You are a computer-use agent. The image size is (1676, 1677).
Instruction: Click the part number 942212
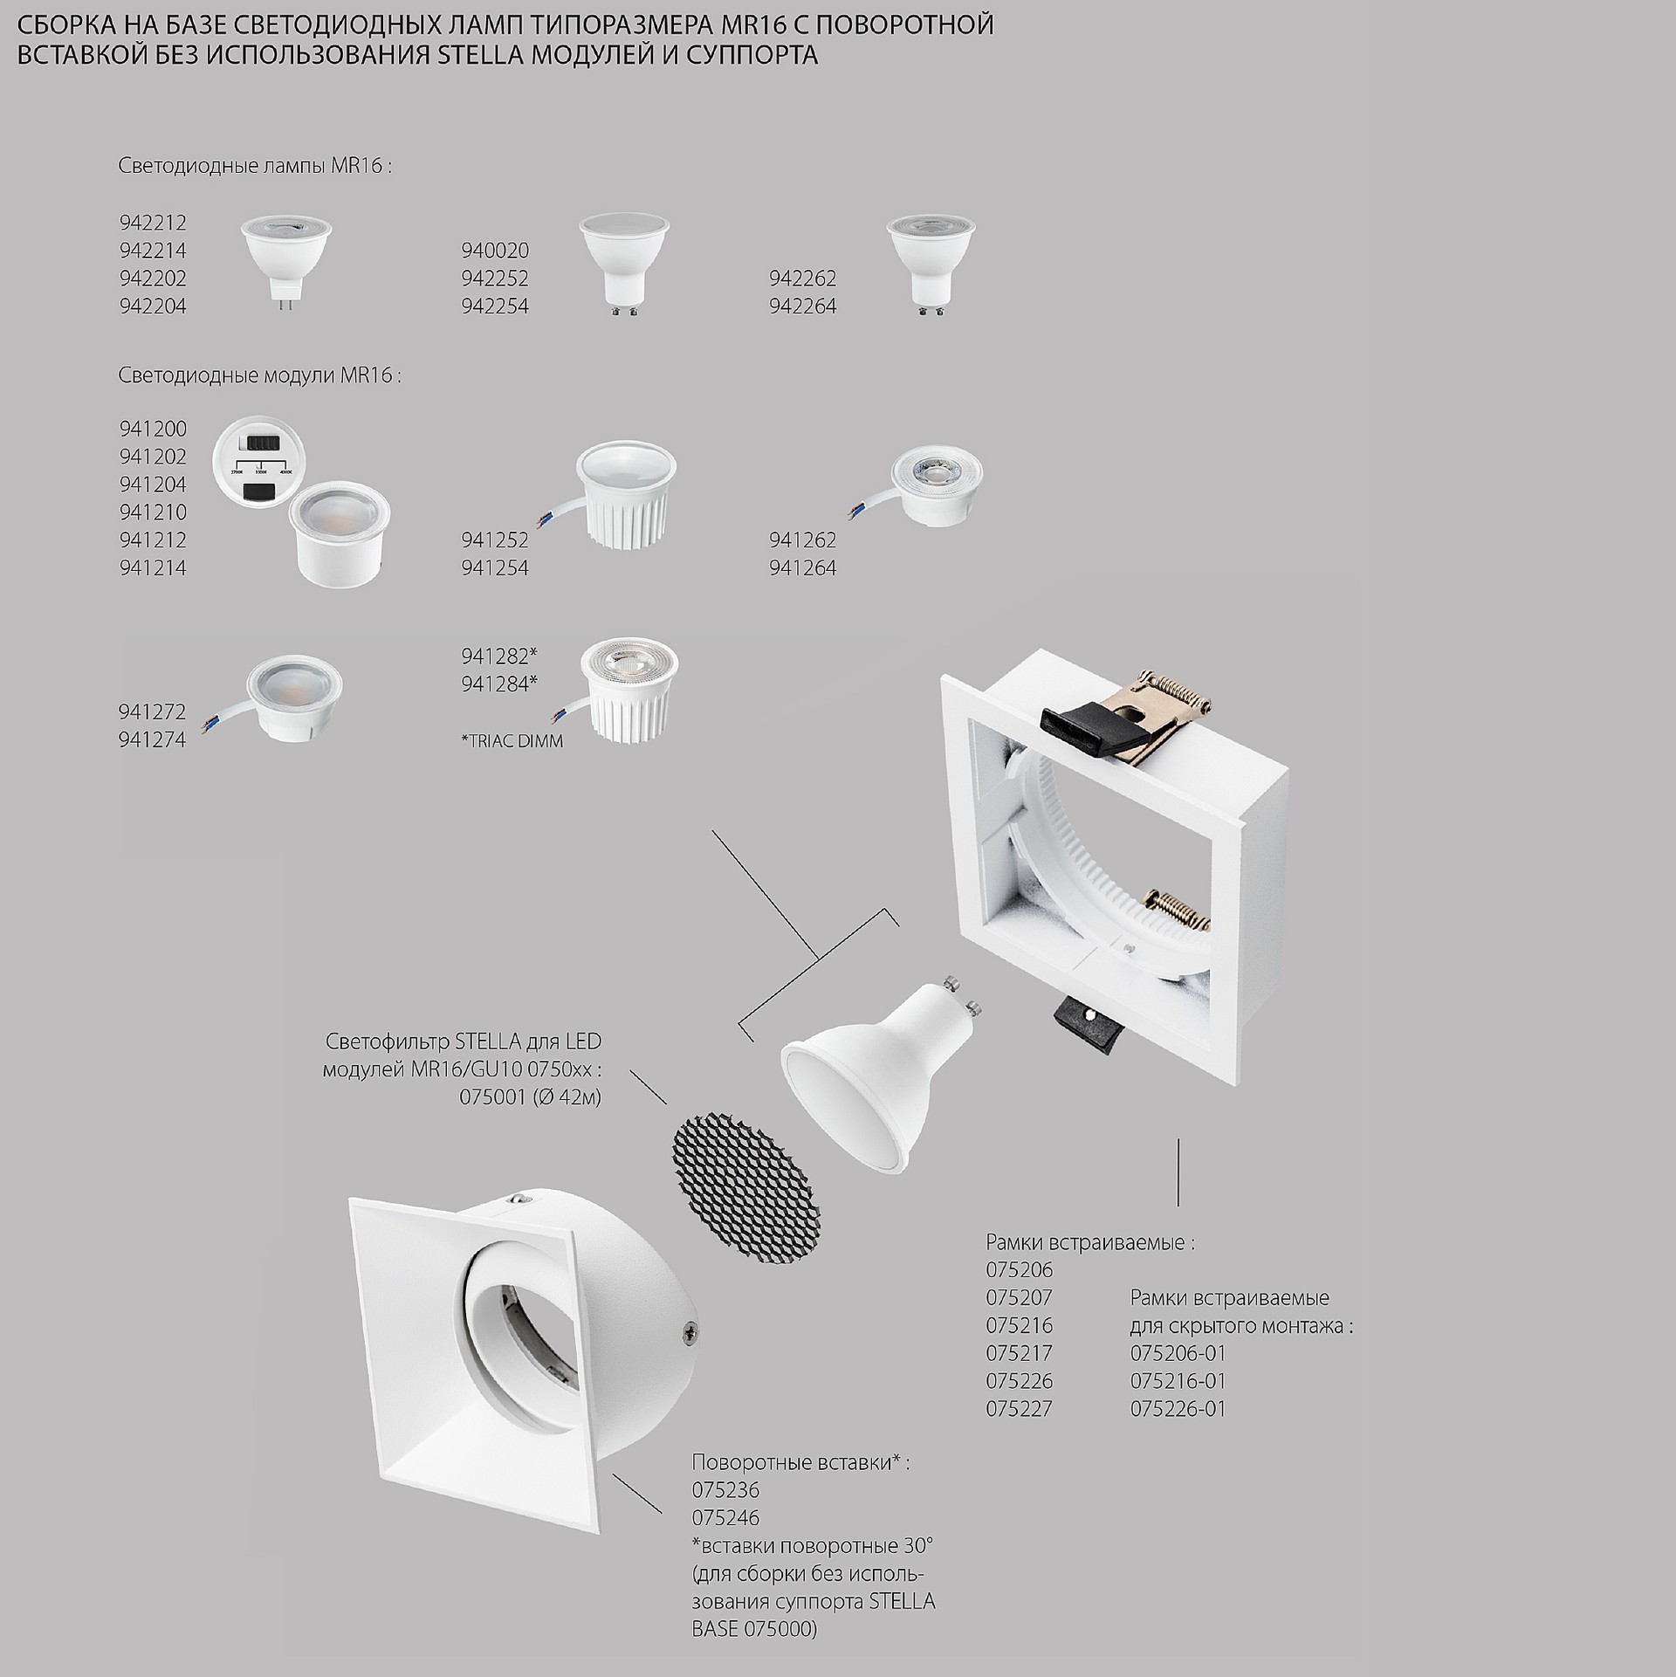(153, 223)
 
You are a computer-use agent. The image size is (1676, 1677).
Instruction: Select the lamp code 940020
(495, 251)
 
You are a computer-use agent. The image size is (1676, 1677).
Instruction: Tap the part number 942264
(803, 306)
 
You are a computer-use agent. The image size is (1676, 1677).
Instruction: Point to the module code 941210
(153, 512)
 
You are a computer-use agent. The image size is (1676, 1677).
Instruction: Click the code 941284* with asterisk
(499, 684)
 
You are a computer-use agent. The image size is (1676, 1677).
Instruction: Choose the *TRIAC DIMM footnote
(512, 741)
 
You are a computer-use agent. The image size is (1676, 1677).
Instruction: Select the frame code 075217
(1020, 1353)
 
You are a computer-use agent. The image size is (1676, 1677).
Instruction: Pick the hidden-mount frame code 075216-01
(1178, 1381)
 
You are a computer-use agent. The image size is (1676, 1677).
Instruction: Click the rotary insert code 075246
(725, 1517)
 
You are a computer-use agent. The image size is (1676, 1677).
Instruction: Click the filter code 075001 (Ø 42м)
(531, 1097)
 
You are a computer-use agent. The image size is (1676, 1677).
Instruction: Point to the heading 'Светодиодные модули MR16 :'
(260, 376)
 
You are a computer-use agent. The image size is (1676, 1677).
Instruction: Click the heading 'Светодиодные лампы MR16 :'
(255, 166)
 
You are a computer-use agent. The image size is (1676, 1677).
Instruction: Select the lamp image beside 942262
(930, 265)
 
